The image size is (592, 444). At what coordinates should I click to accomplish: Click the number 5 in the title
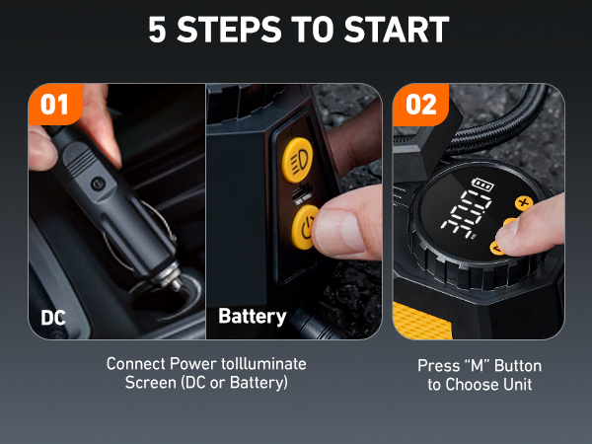point(158,30)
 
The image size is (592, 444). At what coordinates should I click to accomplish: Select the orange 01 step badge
point(55,104)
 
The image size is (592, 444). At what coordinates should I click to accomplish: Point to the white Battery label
point(252,317)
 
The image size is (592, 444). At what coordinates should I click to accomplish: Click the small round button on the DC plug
point(96,184)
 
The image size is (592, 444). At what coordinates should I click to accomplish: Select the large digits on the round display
point(472,216)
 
